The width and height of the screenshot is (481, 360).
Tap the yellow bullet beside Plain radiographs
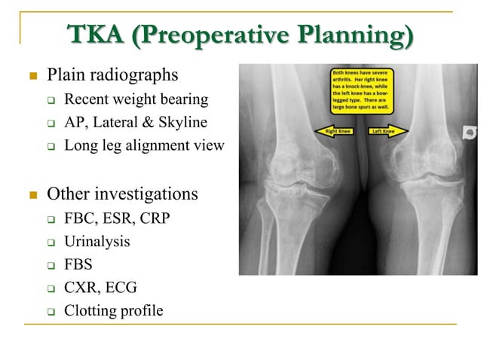(32, 76)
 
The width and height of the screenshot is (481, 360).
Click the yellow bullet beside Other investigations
(32, 195)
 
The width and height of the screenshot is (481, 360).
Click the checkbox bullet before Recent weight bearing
(51, 99)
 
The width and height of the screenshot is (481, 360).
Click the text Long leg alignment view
(144, 145)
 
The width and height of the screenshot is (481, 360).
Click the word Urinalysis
(97, 242)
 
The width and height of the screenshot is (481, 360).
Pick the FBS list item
(79, 264)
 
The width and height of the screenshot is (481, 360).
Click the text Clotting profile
(113, 310)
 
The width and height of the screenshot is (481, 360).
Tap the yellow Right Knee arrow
(335, 131)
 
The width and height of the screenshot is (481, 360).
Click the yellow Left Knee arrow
(387, 131)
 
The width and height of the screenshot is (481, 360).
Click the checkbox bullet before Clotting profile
(51, 311)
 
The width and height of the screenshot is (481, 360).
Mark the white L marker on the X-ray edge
(470, 131)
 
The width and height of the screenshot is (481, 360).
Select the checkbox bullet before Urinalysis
(51, 243)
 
